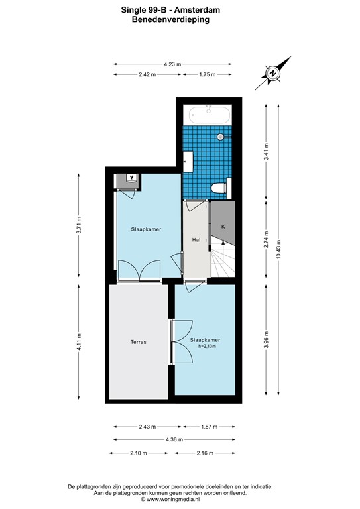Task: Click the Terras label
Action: (x=138, y=343)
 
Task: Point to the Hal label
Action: (x=196, y=239)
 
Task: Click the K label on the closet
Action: (x=223, y=227)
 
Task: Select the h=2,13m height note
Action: (x=204, y=347)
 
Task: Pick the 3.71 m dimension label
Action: (x=79, y=226)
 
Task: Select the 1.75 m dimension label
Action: (x=208, y=74)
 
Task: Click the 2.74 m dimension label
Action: (x=266, y=238)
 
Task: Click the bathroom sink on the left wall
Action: (x=188, y=160)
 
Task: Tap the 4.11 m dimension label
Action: (x=79, y=343)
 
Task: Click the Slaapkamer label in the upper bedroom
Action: (x=146, y=229)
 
